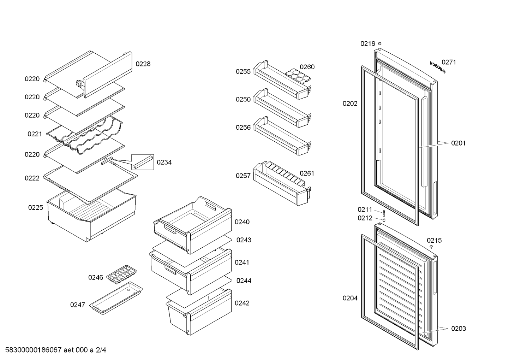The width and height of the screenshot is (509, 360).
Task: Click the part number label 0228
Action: tap(143, 64)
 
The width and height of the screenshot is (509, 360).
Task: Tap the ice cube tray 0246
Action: tap(122, 275)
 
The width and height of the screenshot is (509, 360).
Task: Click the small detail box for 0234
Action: tap(143, 162)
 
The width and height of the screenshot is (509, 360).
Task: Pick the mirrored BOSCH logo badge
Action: tap(437, 67)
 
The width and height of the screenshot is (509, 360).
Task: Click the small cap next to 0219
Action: tap(379, 43)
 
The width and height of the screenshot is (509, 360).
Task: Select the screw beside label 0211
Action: tap(384, 213)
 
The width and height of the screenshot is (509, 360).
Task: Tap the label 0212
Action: tap(365, 218)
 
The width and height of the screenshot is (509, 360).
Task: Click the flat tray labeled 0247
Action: tap(116, 298)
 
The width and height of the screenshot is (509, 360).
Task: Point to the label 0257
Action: tap(243, 176)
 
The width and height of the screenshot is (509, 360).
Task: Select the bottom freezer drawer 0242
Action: tap(199, 312)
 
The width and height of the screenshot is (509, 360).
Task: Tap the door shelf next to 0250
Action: tap(282, 108)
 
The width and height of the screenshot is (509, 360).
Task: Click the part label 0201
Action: tap(458, 143)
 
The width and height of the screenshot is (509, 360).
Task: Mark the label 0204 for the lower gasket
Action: tap(350, 298)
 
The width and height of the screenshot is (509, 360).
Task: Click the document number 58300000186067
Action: tap(33, 350)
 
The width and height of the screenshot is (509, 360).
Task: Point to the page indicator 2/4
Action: tap(101, 350)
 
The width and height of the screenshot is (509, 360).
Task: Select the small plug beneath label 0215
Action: tap(431, 247)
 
